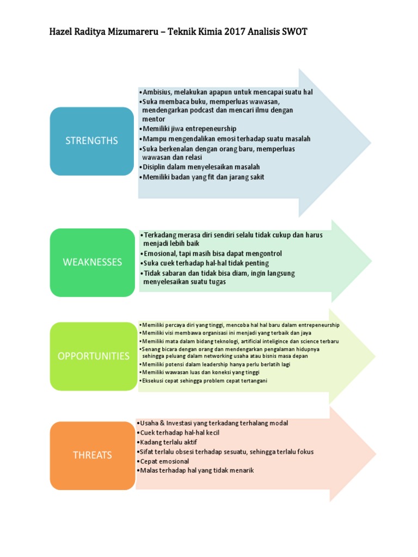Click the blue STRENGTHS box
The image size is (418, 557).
91,141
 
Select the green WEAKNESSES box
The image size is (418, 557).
93,262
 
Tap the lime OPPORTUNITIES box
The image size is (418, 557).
93,356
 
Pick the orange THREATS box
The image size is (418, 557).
93,455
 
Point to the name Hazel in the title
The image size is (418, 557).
62,32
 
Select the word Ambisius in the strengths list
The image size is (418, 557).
157,92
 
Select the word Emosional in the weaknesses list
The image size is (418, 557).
162,253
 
